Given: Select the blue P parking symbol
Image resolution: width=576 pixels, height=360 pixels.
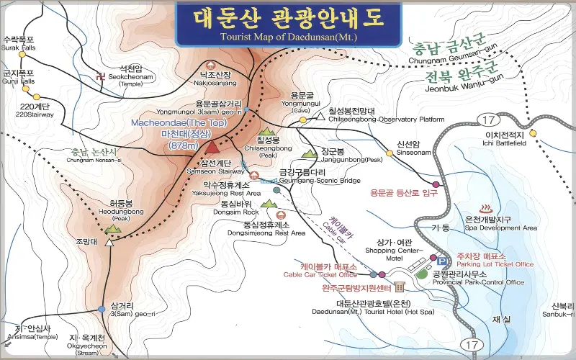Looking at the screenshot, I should pyautogui.click(x=433, y=258).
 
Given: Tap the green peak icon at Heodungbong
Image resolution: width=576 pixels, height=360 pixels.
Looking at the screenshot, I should pyautogui.click(x=112, y=228).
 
